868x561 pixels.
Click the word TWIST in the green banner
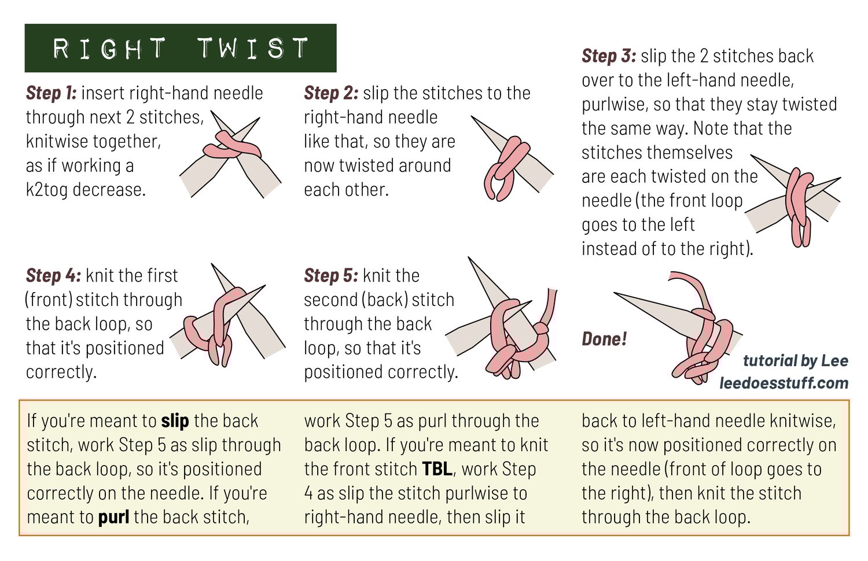[x=253, y=49]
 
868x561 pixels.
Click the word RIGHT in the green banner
[x=109, y=49]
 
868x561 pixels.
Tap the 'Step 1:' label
[x=51, y=93]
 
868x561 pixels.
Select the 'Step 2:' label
[x=331, y=93]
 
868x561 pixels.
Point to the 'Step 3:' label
[x=609, y=56]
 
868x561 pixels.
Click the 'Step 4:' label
[x=53, y=276]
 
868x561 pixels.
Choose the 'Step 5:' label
[x=332, y=276]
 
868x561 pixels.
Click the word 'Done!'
[x=604, y=339]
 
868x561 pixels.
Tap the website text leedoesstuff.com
[x=784, y=383]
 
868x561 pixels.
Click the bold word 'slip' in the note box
[x=175, y=421]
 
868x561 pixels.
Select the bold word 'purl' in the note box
[x=113, y=517]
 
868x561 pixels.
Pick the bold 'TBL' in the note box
[x=437, y=469]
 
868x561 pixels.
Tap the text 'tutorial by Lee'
[x=796, y=361]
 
